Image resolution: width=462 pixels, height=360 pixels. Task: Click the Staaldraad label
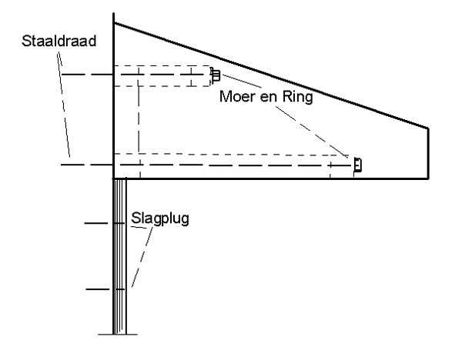point(59,41)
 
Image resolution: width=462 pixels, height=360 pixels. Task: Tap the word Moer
point(238,97)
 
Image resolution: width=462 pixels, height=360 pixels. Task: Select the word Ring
point(297,97)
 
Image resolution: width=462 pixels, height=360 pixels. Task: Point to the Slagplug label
point(160,218)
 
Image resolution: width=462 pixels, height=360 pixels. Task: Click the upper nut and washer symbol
point(216,75)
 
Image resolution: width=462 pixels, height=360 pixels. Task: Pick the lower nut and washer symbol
point(357,165)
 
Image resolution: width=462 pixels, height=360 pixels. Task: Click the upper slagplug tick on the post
point(105,223)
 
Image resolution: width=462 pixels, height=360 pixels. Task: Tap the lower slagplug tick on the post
point(105,289)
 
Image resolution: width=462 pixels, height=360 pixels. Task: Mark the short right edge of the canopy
point(428,153)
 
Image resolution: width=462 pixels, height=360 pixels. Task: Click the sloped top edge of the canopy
point(271,75)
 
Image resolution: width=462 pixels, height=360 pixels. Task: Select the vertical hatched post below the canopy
point(119,256)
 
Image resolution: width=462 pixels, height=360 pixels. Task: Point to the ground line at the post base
point(118,335)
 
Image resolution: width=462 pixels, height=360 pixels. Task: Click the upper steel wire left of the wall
point(87,75)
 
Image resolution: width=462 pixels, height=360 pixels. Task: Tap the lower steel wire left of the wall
point(87,165)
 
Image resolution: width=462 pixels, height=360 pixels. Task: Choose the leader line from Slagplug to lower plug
point(142,257)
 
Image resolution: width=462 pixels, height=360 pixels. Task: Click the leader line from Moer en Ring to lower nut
point(312,132)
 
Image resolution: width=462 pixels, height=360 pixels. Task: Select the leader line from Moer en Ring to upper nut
point(243,82)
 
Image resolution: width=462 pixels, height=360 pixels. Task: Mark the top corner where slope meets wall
point(114,22)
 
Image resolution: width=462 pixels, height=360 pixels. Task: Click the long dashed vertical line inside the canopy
point(139,122)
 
